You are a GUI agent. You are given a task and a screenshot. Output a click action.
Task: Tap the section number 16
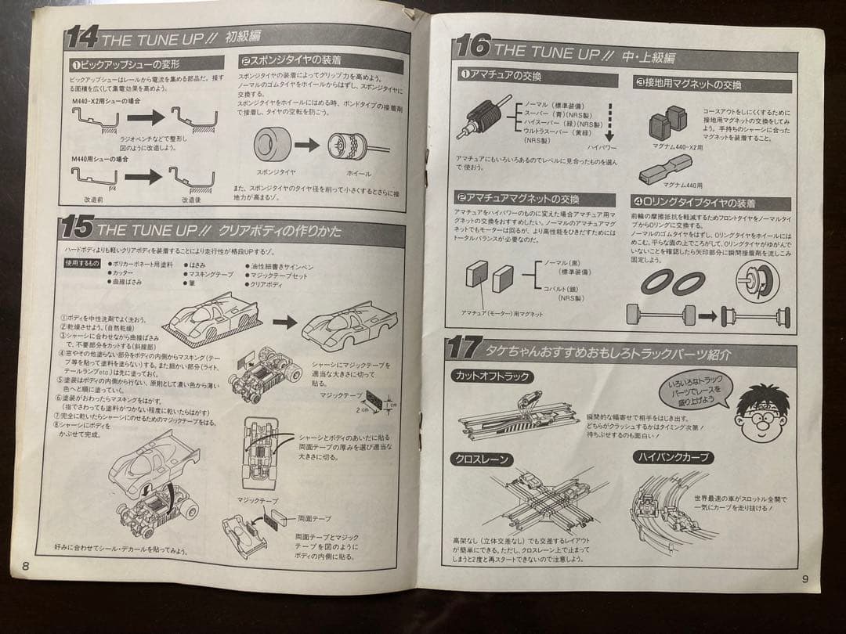472,48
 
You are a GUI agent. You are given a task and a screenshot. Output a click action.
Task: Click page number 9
804,578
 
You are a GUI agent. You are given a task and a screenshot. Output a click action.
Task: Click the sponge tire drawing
273,145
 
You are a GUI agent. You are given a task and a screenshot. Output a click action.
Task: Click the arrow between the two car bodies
284,321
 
